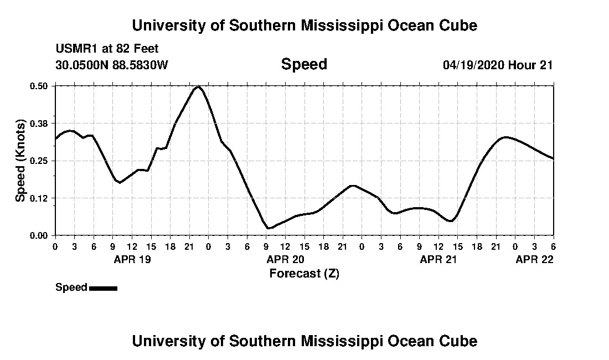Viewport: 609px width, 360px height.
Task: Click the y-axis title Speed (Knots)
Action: [20, 161]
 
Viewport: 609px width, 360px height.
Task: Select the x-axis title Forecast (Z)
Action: [304, 274]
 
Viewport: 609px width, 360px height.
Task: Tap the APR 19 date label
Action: [131, 259]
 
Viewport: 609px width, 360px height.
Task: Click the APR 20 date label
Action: [285, 259]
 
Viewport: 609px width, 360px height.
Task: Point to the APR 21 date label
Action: [438, 259]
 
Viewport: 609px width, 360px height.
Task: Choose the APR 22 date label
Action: [534, 259]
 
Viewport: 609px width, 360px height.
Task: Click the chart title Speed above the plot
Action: [304, 64]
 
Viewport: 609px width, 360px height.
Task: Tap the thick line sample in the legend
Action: [103, 288]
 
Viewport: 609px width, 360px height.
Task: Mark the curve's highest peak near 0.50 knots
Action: [198, 87]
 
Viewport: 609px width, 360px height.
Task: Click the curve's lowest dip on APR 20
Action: [269, 228]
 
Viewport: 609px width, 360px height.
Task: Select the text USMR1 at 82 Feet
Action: [107, 49]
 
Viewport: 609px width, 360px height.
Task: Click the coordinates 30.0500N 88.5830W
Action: [111, 65]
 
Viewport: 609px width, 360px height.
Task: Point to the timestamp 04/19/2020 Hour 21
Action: [498, 65]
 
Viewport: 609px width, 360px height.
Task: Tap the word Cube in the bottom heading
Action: [460, 341]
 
